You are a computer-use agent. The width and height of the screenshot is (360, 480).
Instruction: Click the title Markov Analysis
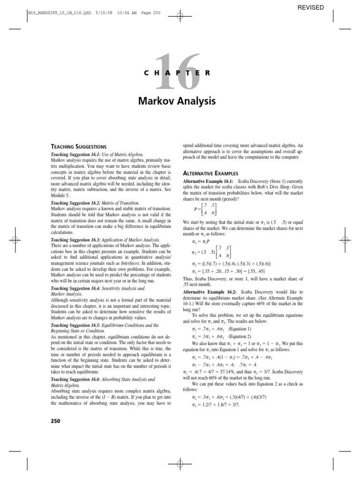[x=180, y=100]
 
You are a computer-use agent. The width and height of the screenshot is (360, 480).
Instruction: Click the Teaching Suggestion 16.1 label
[x=75, y=154]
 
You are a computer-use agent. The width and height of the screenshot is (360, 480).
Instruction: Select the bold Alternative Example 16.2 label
[x=211, y=292]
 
